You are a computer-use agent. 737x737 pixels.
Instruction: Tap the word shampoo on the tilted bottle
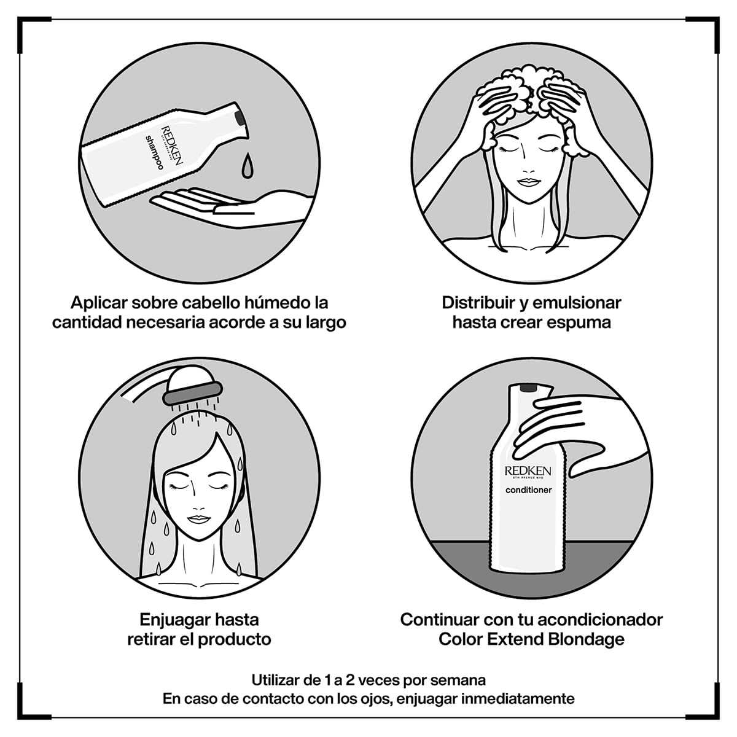(x=154, y=152)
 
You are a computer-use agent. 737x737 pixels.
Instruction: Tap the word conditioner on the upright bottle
(x=529, y=490)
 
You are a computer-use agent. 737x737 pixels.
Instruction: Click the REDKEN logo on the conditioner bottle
(x=528, y=471)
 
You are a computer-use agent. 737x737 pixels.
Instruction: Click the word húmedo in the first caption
(x=277, y=303)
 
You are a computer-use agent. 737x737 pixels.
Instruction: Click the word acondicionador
(x=600, y=620)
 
